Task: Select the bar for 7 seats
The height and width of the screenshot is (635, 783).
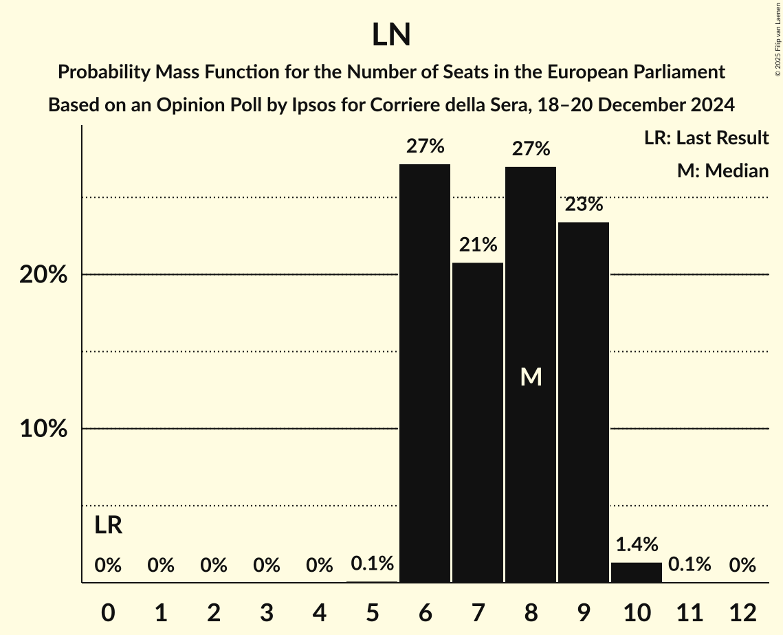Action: click(x=478, y=422)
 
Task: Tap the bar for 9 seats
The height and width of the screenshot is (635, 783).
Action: click(x=584, y=402)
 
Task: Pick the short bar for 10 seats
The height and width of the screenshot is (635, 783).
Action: click(x=637, y=572)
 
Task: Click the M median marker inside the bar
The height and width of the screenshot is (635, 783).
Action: click(x=531, y=377)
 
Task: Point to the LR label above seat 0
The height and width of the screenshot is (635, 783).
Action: click(x=108, y=526)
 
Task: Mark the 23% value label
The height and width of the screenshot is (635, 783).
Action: click(x=584, y=205)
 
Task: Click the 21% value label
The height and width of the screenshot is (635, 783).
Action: click(x=478, y=245)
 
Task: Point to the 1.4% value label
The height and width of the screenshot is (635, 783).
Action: click(x=637, y=544)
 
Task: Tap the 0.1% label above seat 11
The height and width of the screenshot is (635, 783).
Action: click(x=690, y=565)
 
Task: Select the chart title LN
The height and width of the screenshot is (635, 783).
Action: click(x=391, y=36)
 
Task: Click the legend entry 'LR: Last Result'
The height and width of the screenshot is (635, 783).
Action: click(x=706, y=138)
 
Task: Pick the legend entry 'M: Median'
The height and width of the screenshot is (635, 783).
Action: click(x=723, y=170)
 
